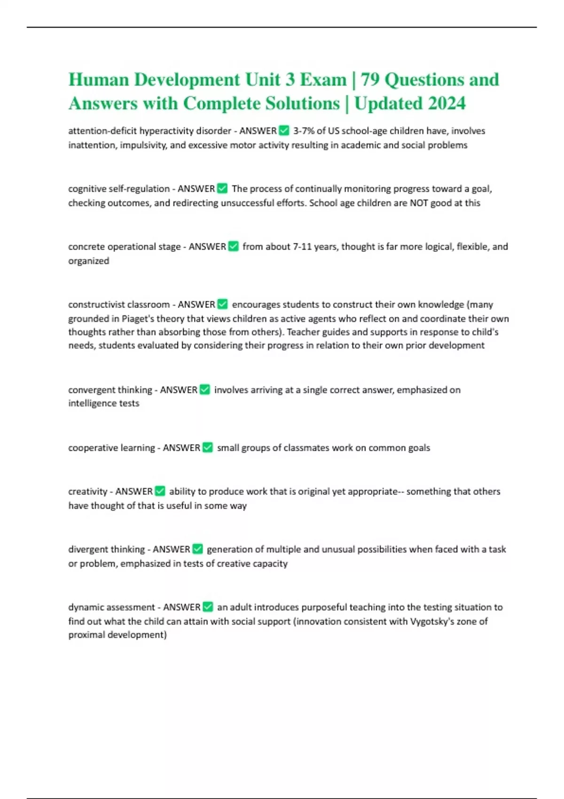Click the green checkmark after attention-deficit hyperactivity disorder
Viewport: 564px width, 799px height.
click(x=284, y=130)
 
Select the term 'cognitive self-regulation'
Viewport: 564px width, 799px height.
click(x=119, y=188)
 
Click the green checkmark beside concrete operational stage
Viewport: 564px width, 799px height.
click(x=233, y=246)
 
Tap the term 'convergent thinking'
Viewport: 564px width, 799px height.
click(x=109, y=390)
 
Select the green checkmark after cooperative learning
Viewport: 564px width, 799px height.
click(x=207, y=447)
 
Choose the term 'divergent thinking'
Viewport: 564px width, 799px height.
click(x=105, y=549)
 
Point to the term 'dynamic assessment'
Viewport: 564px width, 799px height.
click(x=111, y=607)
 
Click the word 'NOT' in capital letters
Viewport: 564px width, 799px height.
click(x=418, y=203)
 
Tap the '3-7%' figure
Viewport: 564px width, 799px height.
click(x=304, y=131)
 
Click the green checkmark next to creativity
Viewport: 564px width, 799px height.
click(x=160, y=491)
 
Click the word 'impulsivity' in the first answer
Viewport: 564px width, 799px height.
click(x=142, y=145)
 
